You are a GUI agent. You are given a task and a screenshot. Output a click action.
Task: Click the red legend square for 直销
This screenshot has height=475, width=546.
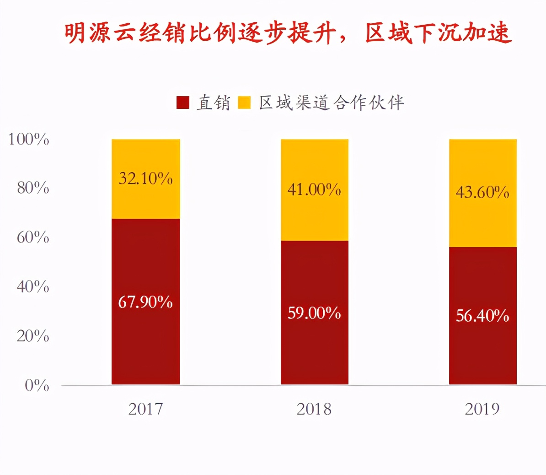click(183, 103)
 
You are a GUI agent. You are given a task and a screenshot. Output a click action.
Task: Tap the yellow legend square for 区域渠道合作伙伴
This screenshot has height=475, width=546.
click(245, 103)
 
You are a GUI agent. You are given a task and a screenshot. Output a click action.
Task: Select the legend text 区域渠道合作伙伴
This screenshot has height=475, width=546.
click(332, 103)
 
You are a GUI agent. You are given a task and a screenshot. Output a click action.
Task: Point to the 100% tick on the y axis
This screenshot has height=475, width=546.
click(28, 139)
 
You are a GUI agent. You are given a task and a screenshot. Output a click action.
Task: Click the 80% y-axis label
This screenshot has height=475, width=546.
click(33, 188)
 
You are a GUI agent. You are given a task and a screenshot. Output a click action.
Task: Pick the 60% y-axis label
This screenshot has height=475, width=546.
click(33, 237)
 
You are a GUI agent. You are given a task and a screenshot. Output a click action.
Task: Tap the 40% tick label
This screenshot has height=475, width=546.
click(33, 286)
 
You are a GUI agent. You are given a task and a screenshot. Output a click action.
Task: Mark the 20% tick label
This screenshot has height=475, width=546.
click(33, 336)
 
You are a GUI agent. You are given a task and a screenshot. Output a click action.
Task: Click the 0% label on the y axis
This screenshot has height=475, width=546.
click(37, 385)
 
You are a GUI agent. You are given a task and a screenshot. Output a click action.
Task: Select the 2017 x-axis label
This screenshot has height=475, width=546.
click(145, 409)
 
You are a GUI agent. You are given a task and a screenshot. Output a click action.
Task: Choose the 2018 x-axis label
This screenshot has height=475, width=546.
click(314, 409)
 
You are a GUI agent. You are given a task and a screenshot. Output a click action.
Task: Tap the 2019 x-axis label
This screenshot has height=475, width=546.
click(482, 409)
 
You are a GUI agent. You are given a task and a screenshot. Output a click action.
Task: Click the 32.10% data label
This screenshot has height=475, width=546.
click(145, 178)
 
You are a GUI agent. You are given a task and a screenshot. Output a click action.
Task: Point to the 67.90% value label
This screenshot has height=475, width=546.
click(145, 302)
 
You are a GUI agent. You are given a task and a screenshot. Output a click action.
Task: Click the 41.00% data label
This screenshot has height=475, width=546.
click(314, 189)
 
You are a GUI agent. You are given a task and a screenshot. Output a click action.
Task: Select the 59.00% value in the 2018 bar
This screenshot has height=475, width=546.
click(314, 313)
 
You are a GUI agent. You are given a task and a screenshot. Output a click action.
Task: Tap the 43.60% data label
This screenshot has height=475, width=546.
click(482, 192)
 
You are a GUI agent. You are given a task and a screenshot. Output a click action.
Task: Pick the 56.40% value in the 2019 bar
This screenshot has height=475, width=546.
click(482, 316)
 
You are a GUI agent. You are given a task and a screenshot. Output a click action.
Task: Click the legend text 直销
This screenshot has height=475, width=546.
click(213, 103)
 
